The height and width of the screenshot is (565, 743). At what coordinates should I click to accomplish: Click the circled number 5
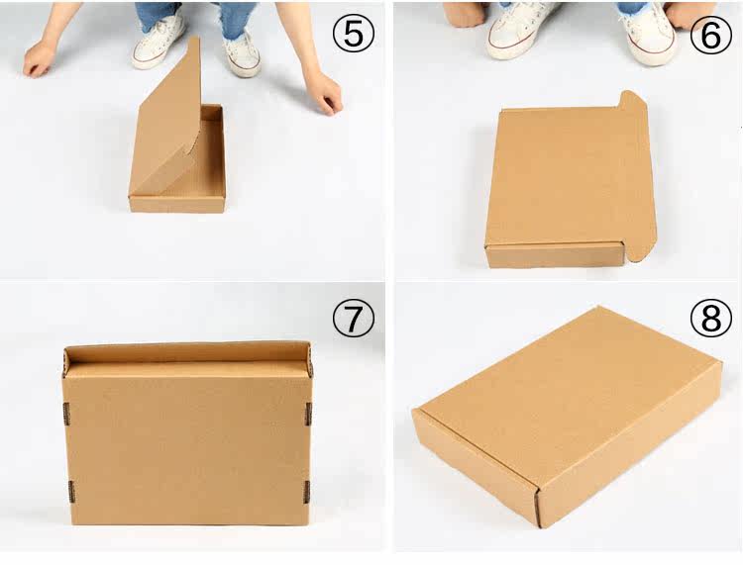pos(354,34)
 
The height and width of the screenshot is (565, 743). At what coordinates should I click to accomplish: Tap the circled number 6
pos(710,34)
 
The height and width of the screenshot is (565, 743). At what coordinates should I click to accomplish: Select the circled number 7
pos(354,319)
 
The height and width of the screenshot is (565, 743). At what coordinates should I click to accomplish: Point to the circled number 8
pos(710,317)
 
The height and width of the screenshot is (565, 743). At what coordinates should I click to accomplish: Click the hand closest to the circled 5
pos(325,95)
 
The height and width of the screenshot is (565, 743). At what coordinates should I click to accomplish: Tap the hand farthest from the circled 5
pos(39,58)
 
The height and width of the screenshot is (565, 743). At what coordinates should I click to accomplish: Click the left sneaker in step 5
pos(159,40)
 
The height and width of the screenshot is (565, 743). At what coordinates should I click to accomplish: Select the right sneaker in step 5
pos(242,52)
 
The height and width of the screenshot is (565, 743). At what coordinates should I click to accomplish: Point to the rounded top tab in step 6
pos(633,100)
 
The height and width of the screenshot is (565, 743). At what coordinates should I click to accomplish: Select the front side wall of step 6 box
pos(556,256)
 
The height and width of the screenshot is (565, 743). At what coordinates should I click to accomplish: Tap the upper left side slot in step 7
pos(66,413)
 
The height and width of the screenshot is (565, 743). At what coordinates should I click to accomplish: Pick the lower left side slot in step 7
pos(71,492)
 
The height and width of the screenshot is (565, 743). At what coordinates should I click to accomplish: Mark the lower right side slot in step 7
pos(306,492)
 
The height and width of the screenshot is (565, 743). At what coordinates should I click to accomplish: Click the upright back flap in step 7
pos(188,352)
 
